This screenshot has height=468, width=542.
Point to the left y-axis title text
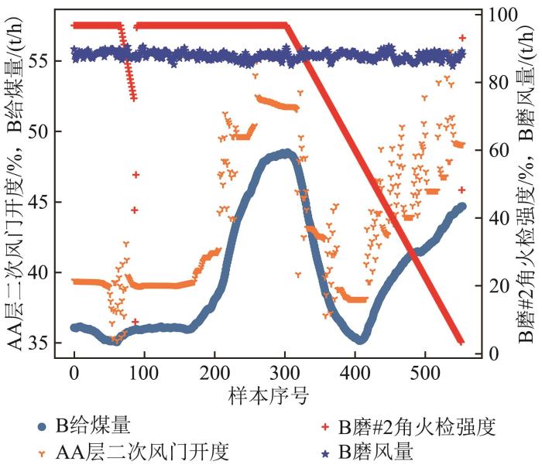pos(17,186)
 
